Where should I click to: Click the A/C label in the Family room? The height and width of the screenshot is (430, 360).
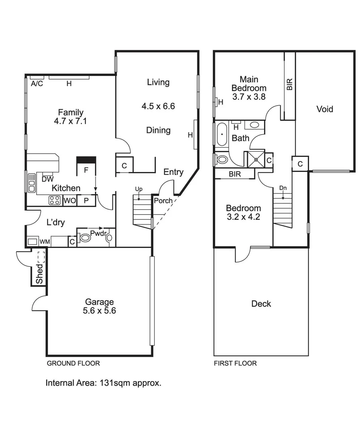pyautogui.click(x=37, y=84)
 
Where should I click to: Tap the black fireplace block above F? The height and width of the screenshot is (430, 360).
pyautogui.click(x=86, y=160)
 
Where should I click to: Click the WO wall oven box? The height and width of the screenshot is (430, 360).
pyautogui.click(x=70, y=201)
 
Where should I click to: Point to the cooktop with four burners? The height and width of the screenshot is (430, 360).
pyautogui.click(x=54, y=200)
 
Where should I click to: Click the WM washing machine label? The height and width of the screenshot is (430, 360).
pyautogui.click(x=45, y=241)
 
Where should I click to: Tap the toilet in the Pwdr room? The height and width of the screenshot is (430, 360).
pyautogui.click(x=85, y=238)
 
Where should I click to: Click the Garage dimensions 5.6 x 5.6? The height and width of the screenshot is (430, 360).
pyautogui.click(x=99, y=311)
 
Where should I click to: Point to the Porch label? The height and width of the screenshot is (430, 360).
pyautogui.click(x=163, y=201)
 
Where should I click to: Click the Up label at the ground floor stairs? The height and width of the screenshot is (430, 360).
pyautogui.click(x=138, y=188)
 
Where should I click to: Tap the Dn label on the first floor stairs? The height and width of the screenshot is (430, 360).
pyautogui.click(x=283, y=188)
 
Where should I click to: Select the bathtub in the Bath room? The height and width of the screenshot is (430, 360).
pyautogui.click(x=222, y=135)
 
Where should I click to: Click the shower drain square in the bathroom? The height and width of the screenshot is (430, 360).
pyautogui.click(x=256, y=159)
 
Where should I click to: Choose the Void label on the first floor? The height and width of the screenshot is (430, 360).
pyautogui.click(x=325, y=109)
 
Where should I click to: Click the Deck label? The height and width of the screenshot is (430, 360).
pyautogui.click(x=261, y=304)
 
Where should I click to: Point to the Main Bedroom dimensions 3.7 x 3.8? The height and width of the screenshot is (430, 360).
pyautogui.click(x=249, y=96)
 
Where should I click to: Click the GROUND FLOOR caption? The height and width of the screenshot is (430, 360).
pyautogui.click(x=73, y=363)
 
